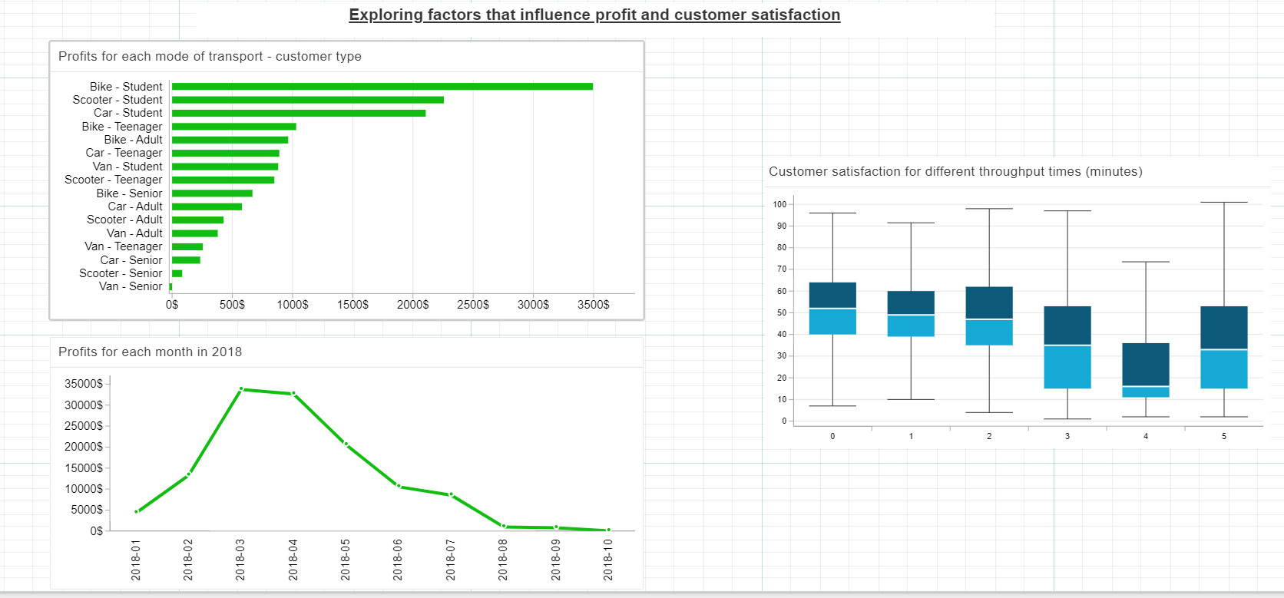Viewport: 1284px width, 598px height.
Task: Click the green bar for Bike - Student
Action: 382,87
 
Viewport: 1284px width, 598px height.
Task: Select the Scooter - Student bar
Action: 307,100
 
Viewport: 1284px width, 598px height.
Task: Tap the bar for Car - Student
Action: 298,113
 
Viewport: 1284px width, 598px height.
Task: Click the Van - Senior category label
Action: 131,286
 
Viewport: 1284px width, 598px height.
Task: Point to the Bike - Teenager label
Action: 122,127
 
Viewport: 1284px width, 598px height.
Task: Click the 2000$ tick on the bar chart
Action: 412,305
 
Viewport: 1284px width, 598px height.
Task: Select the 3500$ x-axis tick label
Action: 593,305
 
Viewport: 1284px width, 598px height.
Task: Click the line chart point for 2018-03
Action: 241,389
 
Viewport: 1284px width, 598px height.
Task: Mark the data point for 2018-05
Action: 346,444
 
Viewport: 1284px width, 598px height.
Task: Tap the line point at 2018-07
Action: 451,495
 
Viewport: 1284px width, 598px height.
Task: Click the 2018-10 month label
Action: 608,559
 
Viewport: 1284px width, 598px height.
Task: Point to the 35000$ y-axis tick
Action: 84,384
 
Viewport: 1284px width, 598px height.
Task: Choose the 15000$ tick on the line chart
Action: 84,468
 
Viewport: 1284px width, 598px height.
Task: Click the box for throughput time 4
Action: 1145,369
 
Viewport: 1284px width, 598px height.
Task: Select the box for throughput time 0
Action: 832,308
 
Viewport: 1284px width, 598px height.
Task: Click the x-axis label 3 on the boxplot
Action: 1067,436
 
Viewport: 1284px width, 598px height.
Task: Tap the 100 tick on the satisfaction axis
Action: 779,204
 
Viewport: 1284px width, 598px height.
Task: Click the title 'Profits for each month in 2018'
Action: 150,352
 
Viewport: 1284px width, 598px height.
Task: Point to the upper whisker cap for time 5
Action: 1223,202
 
